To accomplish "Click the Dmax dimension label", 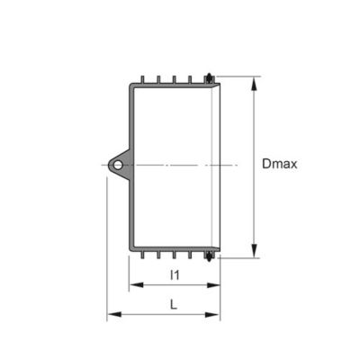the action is coord(280,164).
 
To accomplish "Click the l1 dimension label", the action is coord(175,274).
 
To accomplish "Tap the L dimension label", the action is coord(174,305).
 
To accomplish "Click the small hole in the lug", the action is coord(118,165).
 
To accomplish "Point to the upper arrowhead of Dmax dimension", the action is coord(254,84).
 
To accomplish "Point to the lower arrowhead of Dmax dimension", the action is coord(254,250).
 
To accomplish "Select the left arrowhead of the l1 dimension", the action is coord(136,285).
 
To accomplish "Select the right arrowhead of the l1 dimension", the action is coord(213,285).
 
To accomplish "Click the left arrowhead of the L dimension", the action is coord(114,314).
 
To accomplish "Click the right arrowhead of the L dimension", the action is coord(213,314).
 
